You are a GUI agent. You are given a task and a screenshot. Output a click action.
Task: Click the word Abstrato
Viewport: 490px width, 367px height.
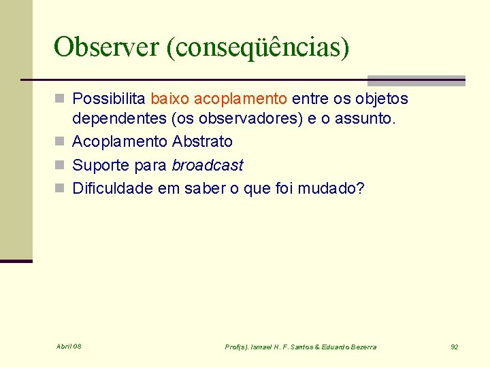(x=202, y=142)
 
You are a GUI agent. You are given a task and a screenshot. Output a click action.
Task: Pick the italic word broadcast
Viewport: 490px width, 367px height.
(x=207, y=165)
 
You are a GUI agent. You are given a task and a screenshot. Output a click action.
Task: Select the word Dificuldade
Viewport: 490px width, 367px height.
(x=112, y=188)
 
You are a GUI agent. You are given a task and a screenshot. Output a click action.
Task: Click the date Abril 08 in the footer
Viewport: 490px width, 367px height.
(x=69, y=347)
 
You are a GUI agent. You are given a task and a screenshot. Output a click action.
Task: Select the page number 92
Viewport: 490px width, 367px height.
(x=454, y=347)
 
